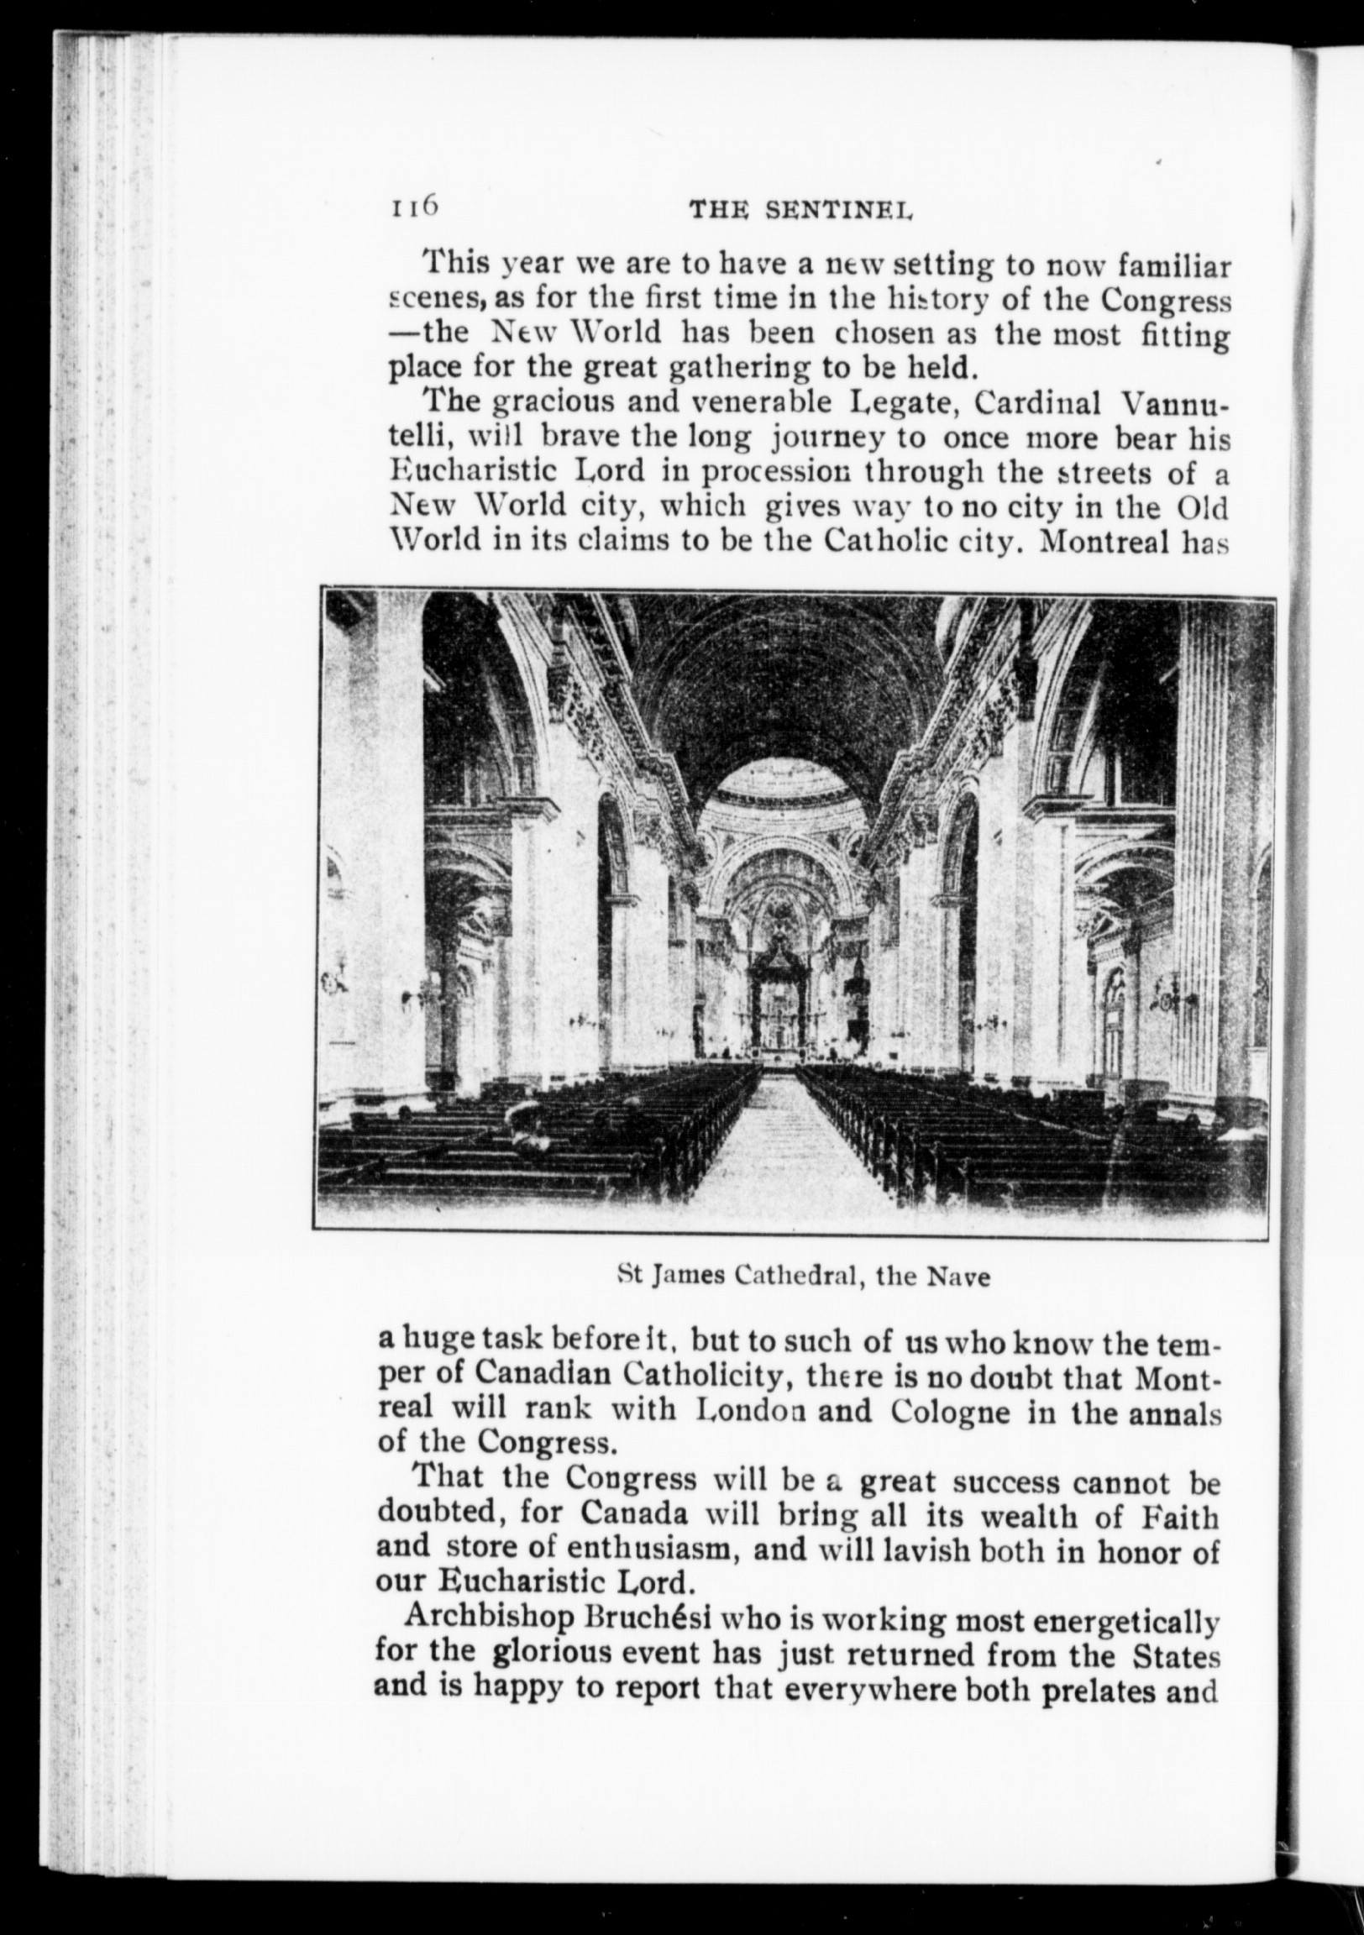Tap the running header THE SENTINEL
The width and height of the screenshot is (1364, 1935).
tap(801, 212)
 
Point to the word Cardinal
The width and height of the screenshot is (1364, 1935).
tap(1039, 404)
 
